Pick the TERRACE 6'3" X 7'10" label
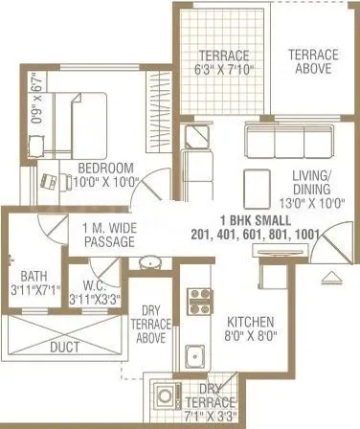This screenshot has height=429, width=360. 220,62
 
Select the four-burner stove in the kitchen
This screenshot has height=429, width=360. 199,302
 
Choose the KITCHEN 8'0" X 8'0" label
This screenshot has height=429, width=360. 251,327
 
